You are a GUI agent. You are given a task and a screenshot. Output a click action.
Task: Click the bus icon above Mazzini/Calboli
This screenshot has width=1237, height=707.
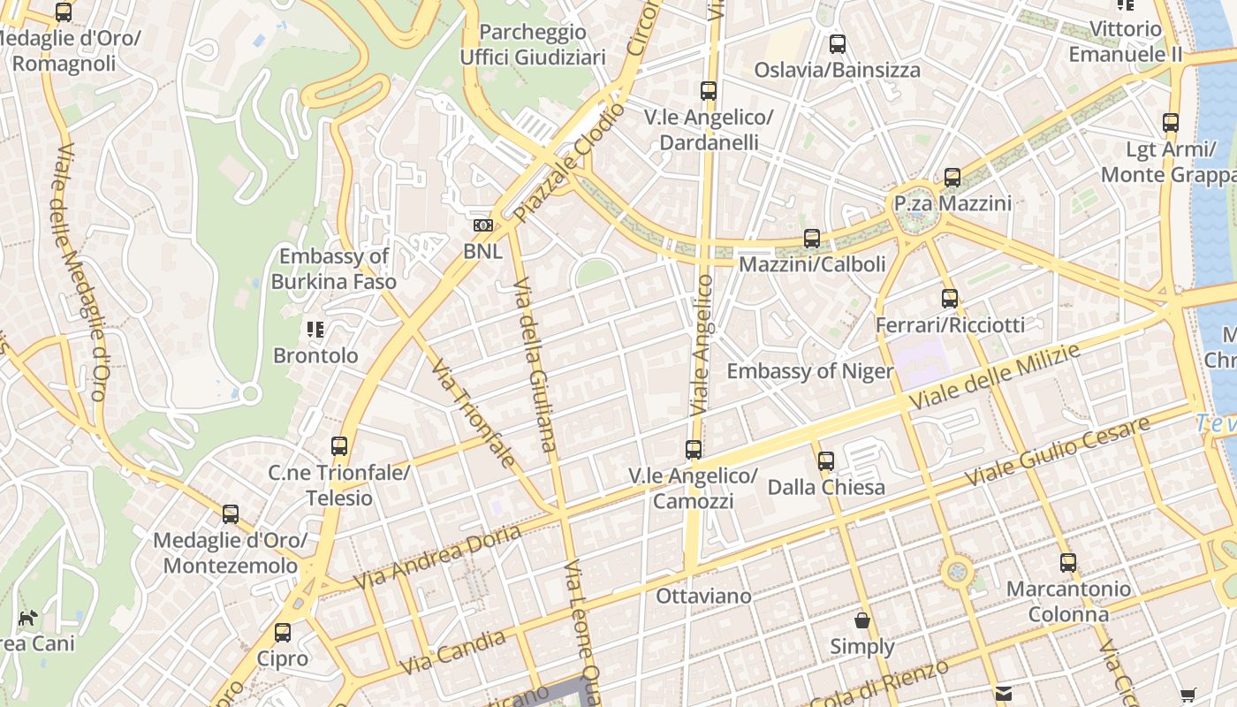tap(811, 239)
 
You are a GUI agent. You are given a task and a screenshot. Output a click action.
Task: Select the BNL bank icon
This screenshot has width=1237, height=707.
tap(482, 226)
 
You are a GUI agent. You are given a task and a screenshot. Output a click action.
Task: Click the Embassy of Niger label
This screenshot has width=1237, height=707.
tap(809, 371)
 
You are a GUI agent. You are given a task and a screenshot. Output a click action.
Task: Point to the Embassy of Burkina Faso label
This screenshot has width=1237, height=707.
tap(334, 270)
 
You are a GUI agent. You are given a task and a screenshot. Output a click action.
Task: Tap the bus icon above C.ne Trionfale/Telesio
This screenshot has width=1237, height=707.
tap(339, 446)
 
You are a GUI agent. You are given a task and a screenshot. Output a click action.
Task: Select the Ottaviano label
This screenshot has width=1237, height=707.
tap(703, 597)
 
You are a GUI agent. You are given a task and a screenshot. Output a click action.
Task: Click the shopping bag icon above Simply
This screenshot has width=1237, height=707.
tap(862, 621)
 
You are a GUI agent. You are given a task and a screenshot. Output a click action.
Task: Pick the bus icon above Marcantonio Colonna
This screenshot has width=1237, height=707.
tap(1068, 563)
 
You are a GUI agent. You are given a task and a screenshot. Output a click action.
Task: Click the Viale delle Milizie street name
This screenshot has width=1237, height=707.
tap(994, 377)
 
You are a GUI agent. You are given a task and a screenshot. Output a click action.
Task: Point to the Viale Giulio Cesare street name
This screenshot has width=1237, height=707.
tap(1057, 451)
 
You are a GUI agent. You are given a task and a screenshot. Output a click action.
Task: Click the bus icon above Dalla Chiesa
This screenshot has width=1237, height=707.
tap(826, 461)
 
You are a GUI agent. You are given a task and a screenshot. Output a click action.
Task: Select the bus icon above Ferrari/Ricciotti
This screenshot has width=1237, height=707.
tap(950, 299)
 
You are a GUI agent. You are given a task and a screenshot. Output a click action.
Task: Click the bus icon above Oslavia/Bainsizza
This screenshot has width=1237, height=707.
tap(838, 44)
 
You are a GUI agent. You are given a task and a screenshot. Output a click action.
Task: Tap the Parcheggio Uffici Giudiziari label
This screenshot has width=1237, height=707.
tap(533, 45)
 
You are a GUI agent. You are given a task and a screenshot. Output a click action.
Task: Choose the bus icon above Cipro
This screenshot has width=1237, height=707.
tap(283, 633)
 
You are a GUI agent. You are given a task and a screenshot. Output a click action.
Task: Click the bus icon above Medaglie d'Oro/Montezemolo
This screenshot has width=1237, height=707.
tap(231, 514)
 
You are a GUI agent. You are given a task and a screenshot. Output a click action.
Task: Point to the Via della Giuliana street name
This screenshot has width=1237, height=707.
tap(535, 364)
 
